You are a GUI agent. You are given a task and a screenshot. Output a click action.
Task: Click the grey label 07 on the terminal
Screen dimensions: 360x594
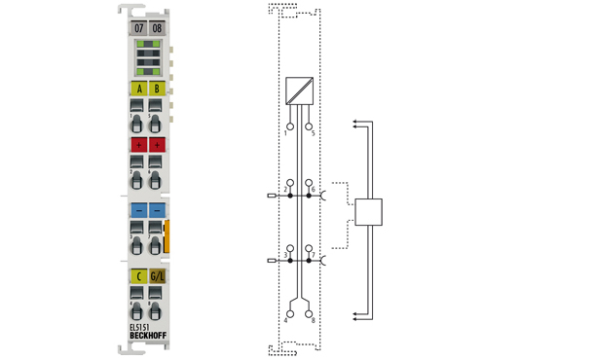(138, 29)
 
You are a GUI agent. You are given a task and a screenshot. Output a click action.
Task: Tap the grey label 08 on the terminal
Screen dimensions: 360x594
(157, 29)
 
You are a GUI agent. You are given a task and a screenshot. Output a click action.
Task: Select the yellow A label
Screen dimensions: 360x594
(138, 90)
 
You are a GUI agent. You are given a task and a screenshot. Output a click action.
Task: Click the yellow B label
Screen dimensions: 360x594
(157, 90)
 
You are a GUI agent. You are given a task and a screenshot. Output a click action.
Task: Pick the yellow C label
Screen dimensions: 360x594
(138, 276)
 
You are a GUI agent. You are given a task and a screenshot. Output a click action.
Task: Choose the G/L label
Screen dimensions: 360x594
(157, 276)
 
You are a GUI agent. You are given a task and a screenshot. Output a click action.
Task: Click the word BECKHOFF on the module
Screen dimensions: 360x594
(147, 338)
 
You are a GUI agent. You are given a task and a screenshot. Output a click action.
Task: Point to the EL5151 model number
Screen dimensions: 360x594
(141, 328)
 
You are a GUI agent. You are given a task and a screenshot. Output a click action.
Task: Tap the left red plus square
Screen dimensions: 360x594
(138, 144)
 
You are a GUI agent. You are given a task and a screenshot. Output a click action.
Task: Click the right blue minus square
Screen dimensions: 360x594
(157, 209)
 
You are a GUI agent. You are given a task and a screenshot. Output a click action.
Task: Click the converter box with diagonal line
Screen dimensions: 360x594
(299, 90)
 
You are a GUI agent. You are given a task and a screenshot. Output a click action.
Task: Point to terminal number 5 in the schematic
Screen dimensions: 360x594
(312, 132)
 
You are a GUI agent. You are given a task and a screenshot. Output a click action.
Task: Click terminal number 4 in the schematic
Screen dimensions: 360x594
(287, 319)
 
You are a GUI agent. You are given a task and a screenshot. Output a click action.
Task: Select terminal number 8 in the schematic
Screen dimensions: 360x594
(311, 319)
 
